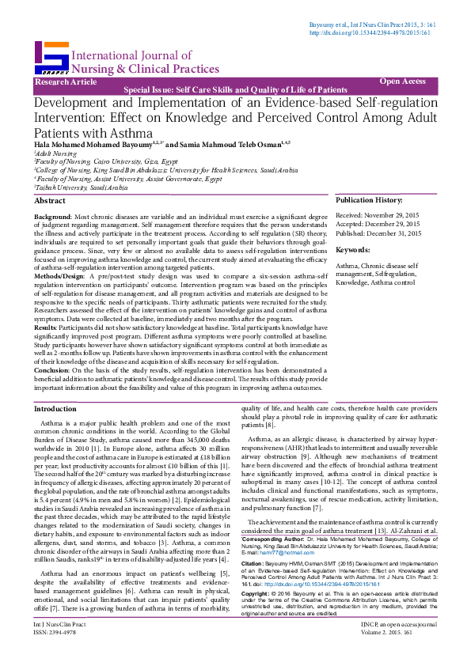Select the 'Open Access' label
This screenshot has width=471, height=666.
[x=402, y=81]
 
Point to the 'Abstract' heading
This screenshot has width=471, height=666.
[x=50, y=202]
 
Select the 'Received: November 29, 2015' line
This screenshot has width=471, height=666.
[x=378, y=215]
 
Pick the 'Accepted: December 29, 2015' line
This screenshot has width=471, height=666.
[x=378, y=224]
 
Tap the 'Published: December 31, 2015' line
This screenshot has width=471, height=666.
[x=378, y=233]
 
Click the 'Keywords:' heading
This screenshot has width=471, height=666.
[x=353, y=250]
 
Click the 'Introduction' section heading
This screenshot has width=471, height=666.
[x=55, y=409]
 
